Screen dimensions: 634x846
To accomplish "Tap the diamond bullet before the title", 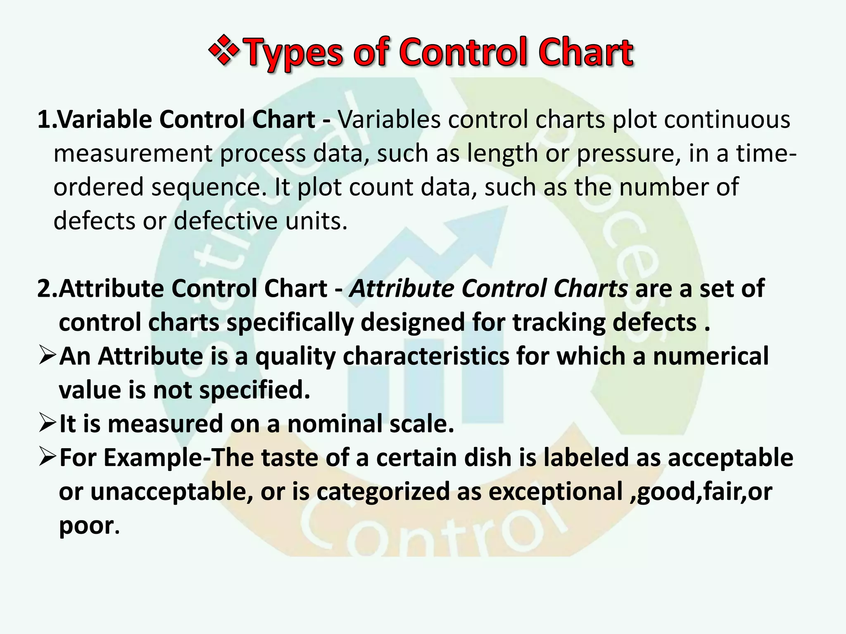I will coord(224,51).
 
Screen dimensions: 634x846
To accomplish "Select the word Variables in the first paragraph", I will coord(390,120).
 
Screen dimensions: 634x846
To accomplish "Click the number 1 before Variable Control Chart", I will coord(43,120).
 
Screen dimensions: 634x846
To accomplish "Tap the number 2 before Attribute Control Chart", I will coord(44,289).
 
